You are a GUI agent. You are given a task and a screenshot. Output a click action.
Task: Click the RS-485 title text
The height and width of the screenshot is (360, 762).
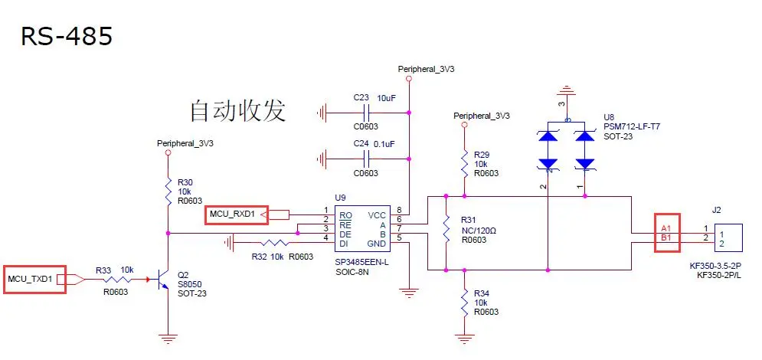point(67,36)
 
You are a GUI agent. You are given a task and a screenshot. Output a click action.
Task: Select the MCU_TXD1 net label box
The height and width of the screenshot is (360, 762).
point(35,280)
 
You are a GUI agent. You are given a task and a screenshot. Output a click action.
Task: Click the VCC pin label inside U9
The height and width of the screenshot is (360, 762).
point(378,216)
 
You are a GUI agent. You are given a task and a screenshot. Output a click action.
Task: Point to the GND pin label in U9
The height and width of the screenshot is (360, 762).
point(378,244)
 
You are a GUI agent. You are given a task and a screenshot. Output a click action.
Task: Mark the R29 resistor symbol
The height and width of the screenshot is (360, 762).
point(465,163)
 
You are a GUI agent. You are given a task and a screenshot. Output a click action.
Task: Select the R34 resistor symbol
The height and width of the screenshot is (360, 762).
point(465,303)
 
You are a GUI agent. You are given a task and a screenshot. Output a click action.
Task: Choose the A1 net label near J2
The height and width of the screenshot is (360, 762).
point(666,228)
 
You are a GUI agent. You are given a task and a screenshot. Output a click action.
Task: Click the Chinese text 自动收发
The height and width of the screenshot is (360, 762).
point(237,111)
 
